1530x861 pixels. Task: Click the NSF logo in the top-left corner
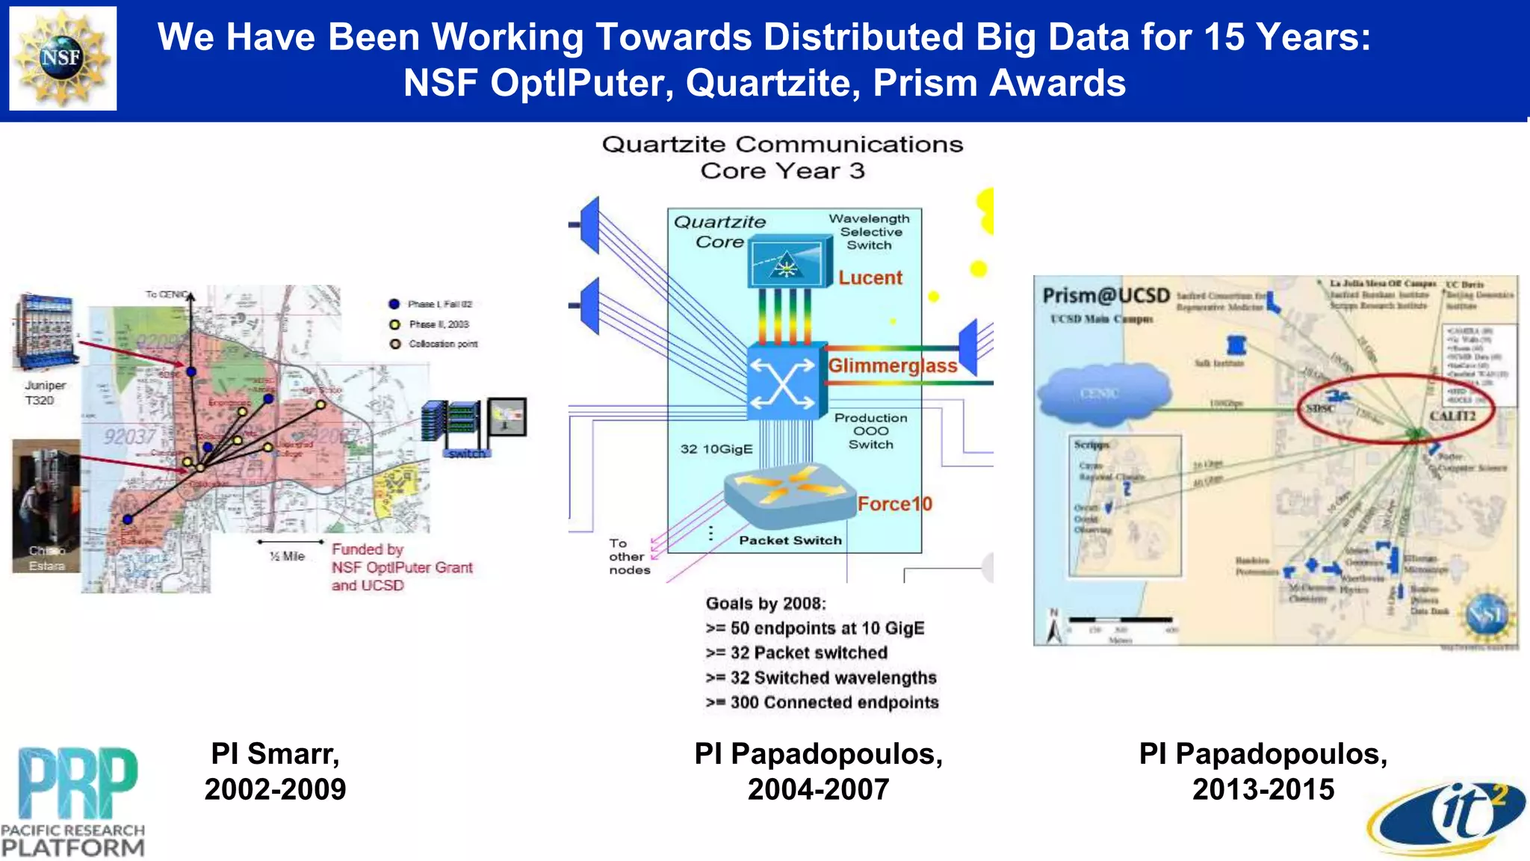click(63, 58)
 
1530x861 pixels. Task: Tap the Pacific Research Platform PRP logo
click(73, 801)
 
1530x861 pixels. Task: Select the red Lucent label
click(870, 278)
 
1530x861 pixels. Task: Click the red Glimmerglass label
click(892, 365)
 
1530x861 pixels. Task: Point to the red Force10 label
click(894, 504)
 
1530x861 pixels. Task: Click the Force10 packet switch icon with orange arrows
click(790, 493)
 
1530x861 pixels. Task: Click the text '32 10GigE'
click(716, 449)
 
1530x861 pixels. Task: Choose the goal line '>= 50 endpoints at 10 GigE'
click(814, 628)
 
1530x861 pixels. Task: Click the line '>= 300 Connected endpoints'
click(822, 703)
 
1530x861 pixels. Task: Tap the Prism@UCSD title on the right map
click(1106, 296)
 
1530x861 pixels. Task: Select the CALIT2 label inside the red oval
click(1452, 416)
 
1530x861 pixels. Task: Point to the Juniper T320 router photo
click(45, 332)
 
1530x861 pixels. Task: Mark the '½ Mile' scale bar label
click(288, 556)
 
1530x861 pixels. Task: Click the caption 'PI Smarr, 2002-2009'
click(275, 771)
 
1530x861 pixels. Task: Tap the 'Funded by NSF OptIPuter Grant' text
click(402, 567)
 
